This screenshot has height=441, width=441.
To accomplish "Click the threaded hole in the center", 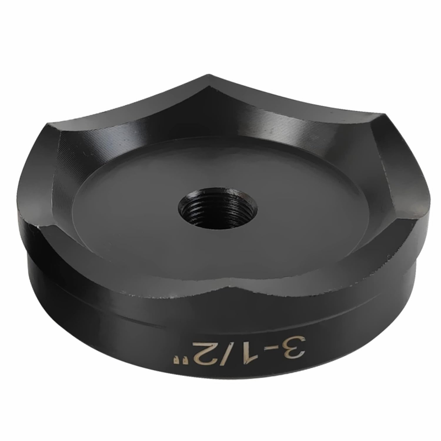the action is click(x=217, y=207).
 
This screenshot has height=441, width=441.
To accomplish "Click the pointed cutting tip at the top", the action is click(x=209, y=77).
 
